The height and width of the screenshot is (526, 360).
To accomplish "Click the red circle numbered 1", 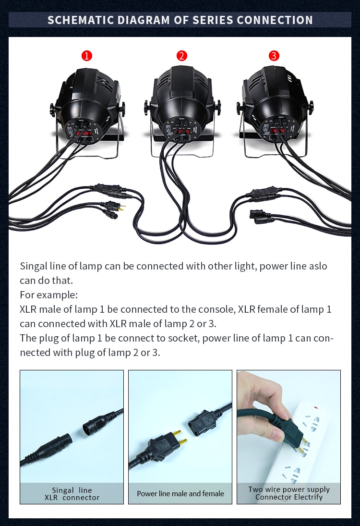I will click(86, 56).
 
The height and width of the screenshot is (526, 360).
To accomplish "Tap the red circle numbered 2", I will click(181, 56).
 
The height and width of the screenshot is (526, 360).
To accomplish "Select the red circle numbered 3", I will click(273, 56).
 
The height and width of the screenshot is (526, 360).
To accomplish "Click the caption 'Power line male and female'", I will click(180, 493).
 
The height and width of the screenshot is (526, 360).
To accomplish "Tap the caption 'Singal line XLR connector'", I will click(72, 494).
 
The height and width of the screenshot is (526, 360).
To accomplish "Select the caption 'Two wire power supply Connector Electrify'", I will click(289, 493).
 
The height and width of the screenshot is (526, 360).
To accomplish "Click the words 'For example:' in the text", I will click(48, 294).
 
